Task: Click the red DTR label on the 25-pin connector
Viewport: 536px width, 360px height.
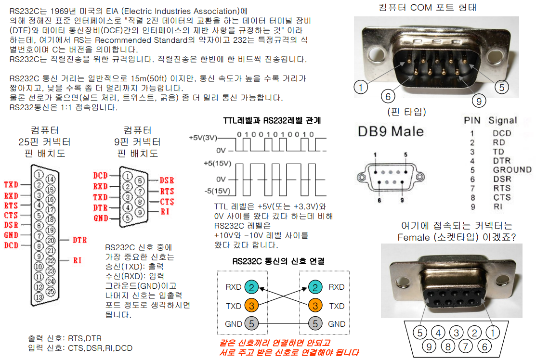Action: [x=79, y=239]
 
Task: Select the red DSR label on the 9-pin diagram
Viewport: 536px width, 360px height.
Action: [x=167, y=180]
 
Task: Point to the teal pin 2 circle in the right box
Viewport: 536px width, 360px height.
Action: [x=315, y=287]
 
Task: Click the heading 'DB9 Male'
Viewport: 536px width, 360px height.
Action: [x=391, y=131]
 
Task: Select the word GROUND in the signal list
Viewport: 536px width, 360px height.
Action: [x=512, y=169]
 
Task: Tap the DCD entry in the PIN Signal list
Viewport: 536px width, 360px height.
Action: [x=502, y=133]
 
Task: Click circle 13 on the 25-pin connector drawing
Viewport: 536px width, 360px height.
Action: [x=39, y=297]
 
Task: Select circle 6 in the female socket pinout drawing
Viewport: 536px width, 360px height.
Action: [x=485, y=346]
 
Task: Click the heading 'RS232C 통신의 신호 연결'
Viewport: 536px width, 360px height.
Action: [x=278, y=261]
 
